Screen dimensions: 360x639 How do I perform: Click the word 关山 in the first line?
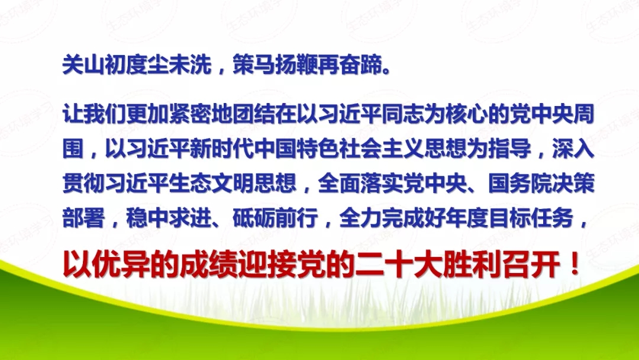[x=83, y=65]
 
